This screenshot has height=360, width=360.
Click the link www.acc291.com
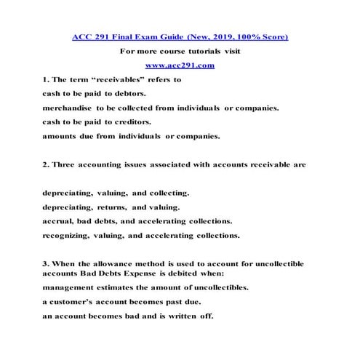(180, 65)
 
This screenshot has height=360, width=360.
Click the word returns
(113, 207)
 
